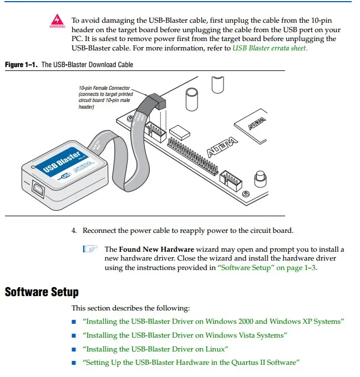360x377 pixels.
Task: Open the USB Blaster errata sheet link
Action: [x=270, y=48]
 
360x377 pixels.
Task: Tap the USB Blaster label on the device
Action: [x=62, y=161]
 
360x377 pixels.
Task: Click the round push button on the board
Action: [x=258, y=179]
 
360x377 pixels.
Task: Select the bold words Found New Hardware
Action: [x=156, y=249]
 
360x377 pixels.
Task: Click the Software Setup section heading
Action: [x=42, y=292]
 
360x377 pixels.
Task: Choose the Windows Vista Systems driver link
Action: [x=185, y=335]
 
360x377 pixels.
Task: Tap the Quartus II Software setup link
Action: [x=191, y=363]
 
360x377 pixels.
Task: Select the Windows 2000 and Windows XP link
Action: [x=214, y=321]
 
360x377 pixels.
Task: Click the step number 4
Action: [x=74, y=231]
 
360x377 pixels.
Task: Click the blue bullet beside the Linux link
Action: [x=74, y=349]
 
